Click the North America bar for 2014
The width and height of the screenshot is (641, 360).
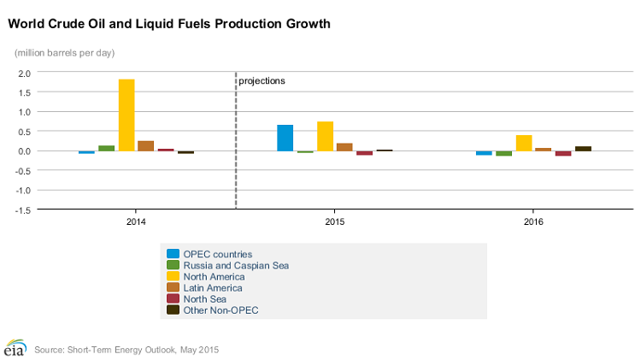coord(126,115)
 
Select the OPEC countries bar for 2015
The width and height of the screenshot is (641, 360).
coord(285,138)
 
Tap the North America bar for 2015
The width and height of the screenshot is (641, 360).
coord(325,136)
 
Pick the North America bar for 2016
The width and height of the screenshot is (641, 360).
coord(524,143)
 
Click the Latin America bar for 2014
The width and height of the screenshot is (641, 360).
coord(146,145)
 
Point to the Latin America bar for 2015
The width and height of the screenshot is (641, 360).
coord(344,147)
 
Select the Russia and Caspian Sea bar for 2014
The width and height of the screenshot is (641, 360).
coord(106,148)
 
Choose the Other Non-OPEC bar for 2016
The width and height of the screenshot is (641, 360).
coord(583,149)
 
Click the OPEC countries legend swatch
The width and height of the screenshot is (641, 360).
coord(173,254)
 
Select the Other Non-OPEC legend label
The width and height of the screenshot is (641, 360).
coord(221,310)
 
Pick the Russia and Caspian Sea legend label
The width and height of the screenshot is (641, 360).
coord(236,265)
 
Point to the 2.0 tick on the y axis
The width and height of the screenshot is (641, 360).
coord(23,73)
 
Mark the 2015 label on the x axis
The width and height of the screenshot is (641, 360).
coord(334,221)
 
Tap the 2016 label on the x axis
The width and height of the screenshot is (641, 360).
coord(533,221)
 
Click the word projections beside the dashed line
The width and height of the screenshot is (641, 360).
coord(262,81)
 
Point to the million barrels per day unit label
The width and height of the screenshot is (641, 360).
coord(65,53)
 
